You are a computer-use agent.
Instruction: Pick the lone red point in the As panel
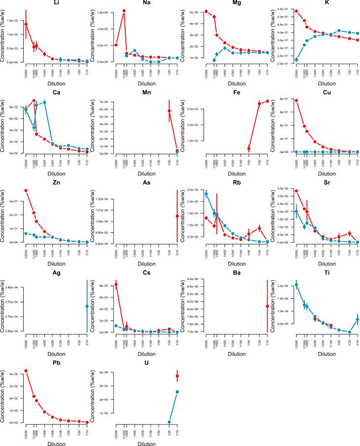pos(177,216)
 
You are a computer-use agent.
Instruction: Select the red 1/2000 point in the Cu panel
pos(296,100)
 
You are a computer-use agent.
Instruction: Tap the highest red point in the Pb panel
pos(26,371)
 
